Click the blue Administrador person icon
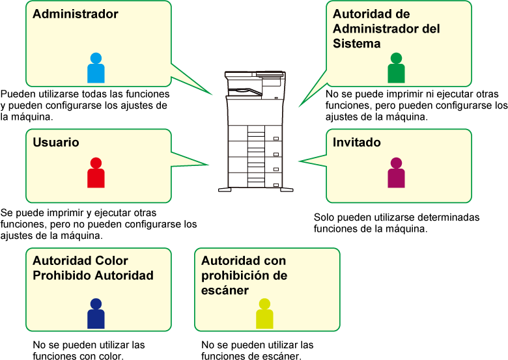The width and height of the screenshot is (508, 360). coord(96,68)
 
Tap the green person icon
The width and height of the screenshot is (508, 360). coord(396,68)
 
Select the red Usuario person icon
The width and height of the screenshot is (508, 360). coord(96,173)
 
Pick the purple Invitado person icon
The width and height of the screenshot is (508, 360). coord(396,173)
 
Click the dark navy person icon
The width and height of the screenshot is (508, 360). coord(96,314)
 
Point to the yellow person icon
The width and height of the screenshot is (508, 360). coord(264,314)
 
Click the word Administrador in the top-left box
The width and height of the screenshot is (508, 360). coord(76,14)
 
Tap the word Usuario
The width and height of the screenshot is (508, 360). coord(56,143)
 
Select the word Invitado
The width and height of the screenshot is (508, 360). coord(357,143)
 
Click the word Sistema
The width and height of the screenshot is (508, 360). coord(357,44)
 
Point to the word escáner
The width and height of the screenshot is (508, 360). coord(225,290)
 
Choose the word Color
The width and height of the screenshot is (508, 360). coord(111,260)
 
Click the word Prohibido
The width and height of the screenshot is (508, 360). coord(62,275)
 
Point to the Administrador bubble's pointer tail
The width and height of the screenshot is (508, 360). coord(192,81)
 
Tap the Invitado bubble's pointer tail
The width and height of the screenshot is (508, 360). coord(313,159)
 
